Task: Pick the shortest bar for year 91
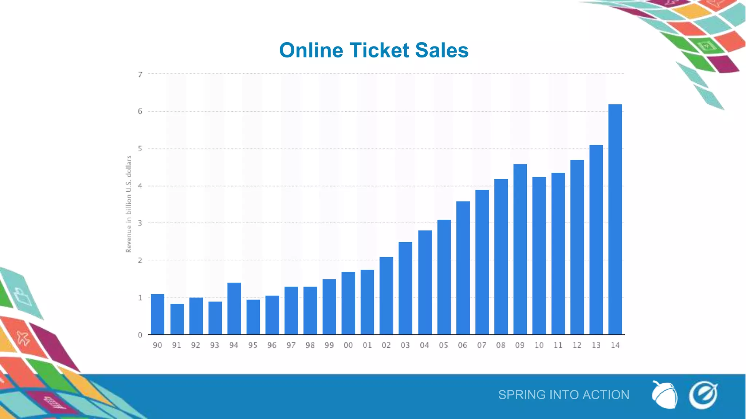177,319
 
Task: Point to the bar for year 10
539,256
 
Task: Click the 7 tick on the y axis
140,75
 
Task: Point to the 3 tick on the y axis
140,223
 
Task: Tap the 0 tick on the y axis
140,335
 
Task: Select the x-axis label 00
348,345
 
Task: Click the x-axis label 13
596,345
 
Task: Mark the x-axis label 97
291,345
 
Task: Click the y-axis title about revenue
129,204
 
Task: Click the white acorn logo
664,395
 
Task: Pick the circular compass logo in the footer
703,395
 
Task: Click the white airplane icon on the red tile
23,339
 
